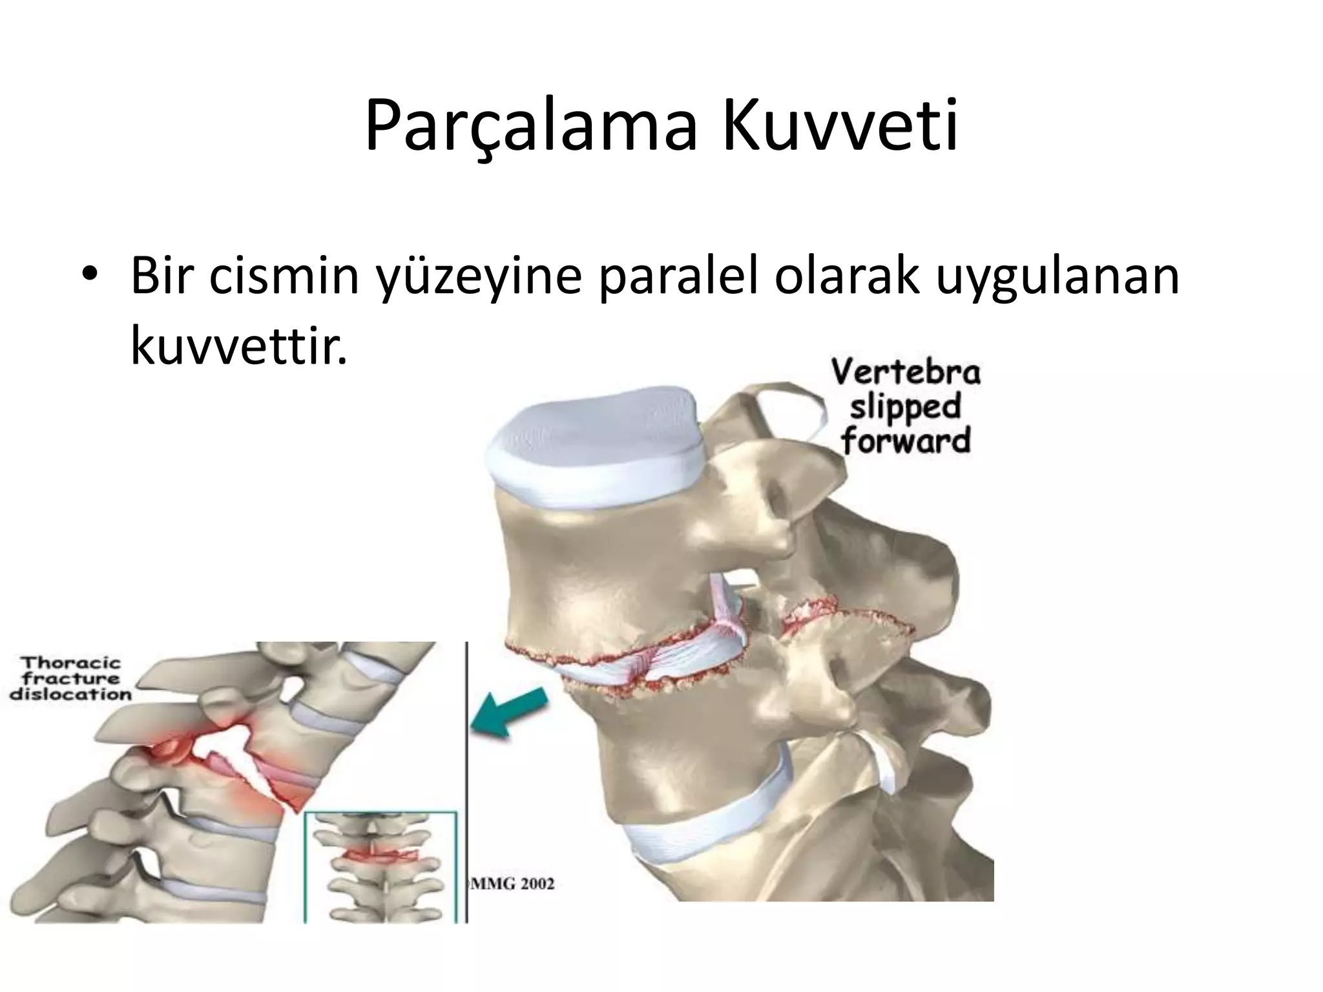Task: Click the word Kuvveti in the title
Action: (839, 126)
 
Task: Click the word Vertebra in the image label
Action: (905, 373)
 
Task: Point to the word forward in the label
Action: (905, 441)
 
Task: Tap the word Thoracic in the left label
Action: (71, 663)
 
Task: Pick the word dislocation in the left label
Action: (70, 696)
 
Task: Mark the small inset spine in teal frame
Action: (380, 865)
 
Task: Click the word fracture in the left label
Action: (71, 679)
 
